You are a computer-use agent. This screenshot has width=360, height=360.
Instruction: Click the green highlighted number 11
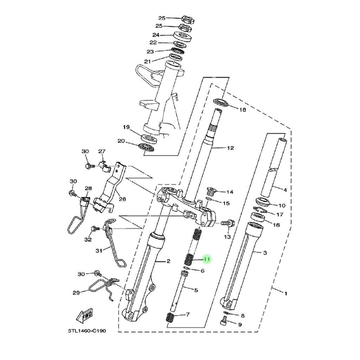click(207, 259)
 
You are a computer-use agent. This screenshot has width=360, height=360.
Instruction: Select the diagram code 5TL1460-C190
click(87, 331)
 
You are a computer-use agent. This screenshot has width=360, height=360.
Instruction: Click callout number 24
click(156, 35)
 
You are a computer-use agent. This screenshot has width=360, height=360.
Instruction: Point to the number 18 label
click(243, 110)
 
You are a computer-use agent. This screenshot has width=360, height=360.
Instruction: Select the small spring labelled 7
click(170, 317)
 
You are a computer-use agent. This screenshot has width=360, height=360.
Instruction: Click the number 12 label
click(230, 148)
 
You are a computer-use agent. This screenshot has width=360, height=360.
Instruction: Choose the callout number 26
click(123, 199)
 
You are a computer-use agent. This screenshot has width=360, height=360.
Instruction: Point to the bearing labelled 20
click(146, 147)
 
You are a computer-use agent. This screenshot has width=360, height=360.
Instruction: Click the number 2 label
click(168, 261)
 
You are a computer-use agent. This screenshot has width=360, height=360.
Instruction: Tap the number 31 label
click(99, 251)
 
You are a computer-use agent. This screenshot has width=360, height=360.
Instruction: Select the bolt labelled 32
click(95, 229)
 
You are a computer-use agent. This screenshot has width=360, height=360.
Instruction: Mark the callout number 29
click(76, 293)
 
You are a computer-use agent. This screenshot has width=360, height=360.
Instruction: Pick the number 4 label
click(285, 190)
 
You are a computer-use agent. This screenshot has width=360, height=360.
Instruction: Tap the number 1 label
click(286, 294)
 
